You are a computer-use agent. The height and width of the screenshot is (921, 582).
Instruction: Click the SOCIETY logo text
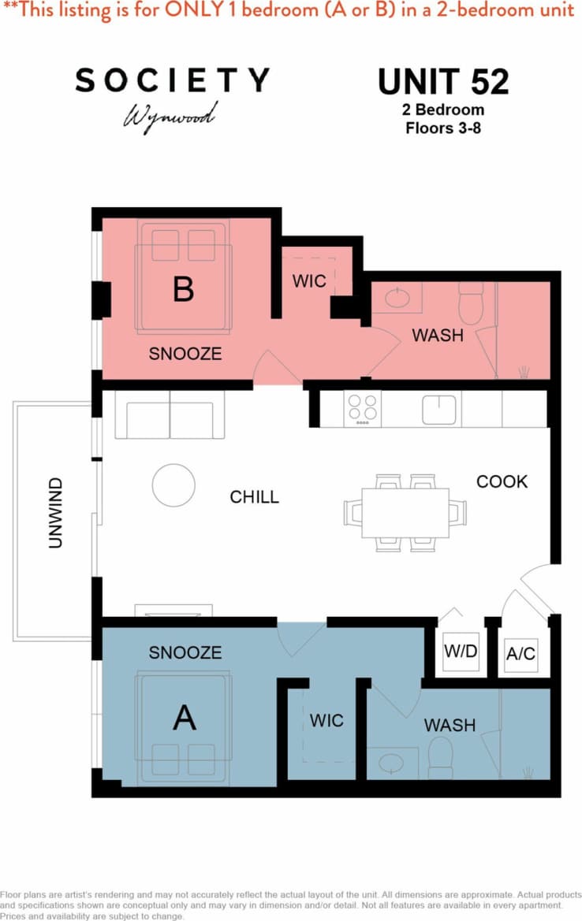pyautogui.click(x=172, y=80)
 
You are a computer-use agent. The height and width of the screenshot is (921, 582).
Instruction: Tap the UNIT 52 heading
pyautogui.click(x=442, y=82)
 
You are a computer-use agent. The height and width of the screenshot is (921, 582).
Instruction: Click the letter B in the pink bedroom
pyautogui.click(x=183, y=290)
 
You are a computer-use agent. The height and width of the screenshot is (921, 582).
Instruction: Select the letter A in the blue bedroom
pyautogui.click(x=184, y=718)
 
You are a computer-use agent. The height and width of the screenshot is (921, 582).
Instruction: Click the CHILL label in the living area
pyautogui.click(x=254, y=497)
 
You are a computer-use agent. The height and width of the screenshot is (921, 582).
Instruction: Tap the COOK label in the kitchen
pyautogui.click(x=502, y=481)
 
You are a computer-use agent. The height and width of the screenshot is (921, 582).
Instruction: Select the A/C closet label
pyautogui.click(x=520, y=653)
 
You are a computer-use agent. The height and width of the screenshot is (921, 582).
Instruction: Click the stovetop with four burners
pyautogui.click(x=363, y=409)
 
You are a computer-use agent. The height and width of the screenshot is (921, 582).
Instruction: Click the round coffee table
pyautogui.click(x=173, y=485)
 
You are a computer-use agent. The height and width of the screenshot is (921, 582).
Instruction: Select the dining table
pyautogui.click(x=405, y=512)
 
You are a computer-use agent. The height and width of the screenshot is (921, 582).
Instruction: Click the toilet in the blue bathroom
pyautogui.click(x=440, y=757)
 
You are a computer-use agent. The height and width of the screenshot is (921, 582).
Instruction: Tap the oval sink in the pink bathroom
pyautogui.click(x=397, y=297)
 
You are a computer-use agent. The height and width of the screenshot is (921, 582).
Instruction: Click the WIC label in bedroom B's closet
pyautogui.click(x=309, y=281)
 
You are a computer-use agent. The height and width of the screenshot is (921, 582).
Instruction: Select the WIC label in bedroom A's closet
pyautogui.click(x=326, y=720)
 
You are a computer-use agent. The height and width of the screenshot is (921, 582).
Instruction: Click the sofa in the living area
pyautogui.click(x=170, y=414)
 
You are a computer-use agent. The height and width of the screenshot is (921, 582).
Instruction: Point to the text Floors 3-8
pyautogui.click(x=442, y=127)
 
